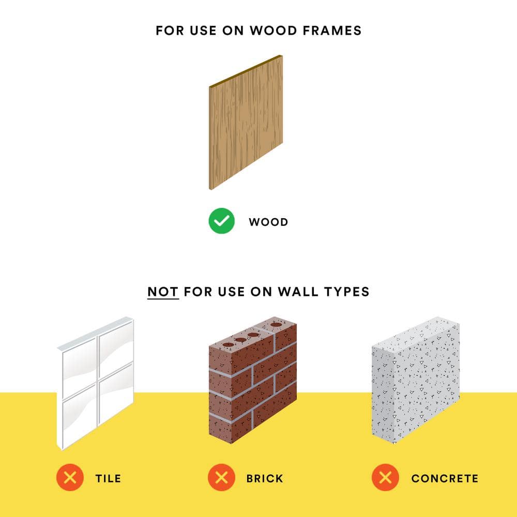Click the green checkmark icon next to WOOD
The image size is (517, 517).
point(222,221)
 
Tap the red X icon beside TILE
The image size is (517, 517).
point(70,477)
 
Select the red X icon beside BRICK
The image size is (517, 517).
point(222,477)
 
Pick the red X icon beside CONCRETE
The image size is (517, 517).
point(385,477)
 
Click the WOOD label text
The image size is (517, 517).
point(268,222)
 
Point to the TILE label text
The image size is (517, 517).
point(108,478)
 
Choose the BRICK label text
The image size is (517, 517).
point(265,478)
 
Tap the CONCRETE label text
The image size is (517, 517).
point(445,478)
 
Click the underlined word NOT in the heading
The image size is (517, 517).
point(163,292)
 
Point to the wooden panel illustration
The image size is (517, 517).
point(246,123)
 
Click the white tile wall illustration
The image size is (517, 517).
point(96,383)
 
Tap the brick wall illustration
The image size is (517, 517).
point(253,380)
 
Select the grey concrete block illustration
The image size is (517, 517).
point(416,380)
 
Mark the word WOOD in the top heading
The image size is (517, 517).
point(273,31)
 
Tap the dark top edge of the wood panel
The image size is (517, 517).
point(246,71)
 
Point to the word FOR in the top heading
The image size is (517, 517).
point(170,31)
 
